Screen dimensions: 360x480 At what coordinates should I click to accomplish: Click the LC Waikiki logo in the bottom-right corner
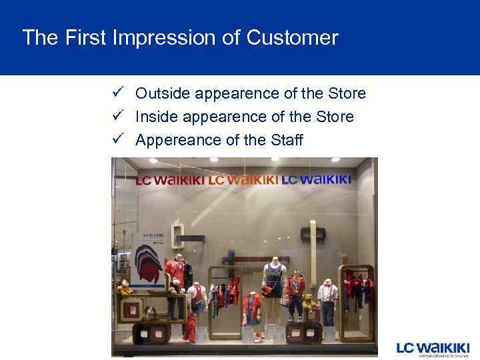click(433, 349)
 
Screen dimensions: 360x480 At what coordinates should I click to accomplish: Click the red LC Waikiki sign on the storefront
click(170, 181)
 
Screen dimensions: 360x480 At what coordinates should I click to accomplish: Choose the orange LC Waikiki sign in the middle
click(243, 180)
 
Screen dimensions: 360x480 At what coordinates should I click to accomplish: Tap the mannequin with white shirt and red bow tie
click(327, 300)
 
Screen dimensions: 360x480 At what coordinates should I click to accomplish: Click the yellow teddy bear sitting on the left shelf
click(124, 288)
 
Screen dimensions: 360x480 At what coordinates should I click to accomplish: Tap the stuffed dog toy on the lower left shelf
click(151, 313)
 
